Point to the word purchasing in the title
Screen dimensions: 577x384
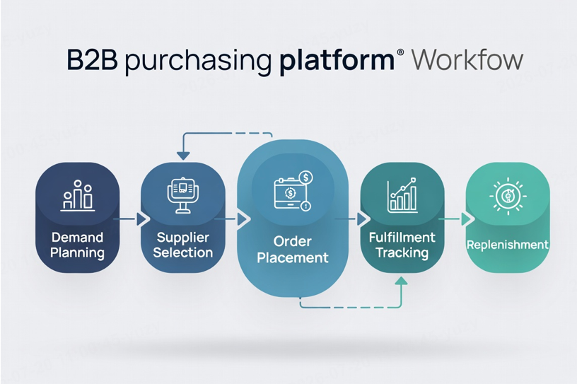pos(198,61)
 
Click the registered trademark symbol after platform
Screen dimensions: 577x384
pos(400,52)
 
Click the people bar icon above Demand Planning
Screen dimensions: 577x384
pos(77,195)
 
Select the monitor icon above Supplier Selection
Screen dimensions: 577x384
pos(183,195)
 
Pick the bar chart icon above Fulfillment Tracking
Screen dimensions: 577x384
pos(402,195)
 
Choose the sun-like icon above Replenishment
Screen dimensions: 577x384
pos(508,196)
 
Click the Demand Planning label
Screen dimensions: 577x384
pos(77,245)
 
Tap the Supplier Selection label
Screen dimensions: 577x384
pos(183,245)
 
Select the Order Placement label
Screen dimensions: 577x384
pos(293,249)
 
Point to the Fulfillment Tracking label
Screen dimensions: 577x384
pos(402,245)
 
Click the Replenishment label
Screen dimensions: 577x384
pos(508,245)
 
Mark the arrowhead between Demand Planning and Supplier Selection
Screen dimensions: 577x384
pos(141,219)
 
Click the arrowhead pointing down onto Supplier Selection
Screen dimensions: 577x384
pos(183,156)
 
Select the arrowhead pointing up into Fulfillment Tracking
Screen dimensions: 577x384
pos(401,281)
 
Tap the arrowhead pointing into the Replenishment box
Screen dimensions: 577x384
pos(466,219)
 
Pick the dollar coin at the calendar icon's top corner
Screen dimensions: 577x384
pos(305,178)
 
